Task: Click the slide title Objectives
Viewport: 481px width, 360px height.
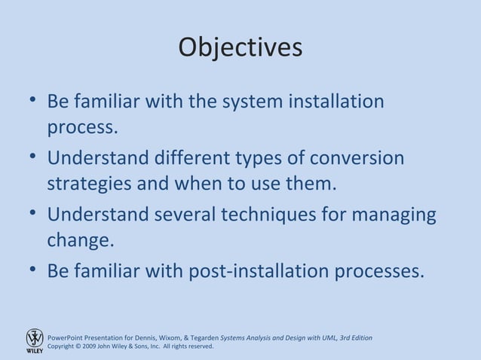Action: click(x=240, y=47)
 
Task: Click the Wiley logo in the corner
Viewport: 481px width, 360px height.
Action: click(x=35, y=340)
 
